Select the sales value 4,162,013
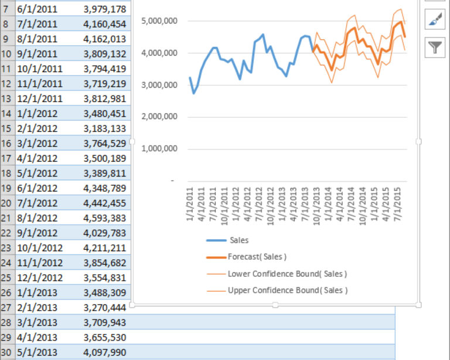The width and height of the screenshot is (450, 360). pyautogui.click(x=104, y=39)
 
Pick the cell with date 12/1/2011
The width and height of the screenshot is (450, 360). pyautogui.click(x=40, y=99)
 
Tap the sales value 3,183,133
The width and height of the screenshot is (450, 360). pyautogui.click(x=104, y=128)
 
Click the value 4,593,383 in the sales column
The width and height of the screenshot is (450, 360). pyautogui.click(x=104, y=218)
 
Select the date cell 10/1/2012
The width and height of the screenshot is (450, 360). pyautogui.click(x=40, y=247)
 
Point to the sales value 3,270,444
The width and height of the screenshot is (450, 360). pyautogui.click(x=104, y=307)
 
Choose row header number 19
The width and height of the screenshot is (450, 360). pyautogui.click(x=6, y=188)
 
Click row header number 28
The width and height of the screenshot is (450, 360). pyautogui.click(x=6, y=322)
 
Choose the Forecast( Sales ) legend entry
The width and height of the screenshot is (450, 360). pyautogui.click(x=257, y=257)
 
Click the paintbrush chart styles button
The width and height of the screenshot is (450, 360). pyautogui.click(x=434, y=21)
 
